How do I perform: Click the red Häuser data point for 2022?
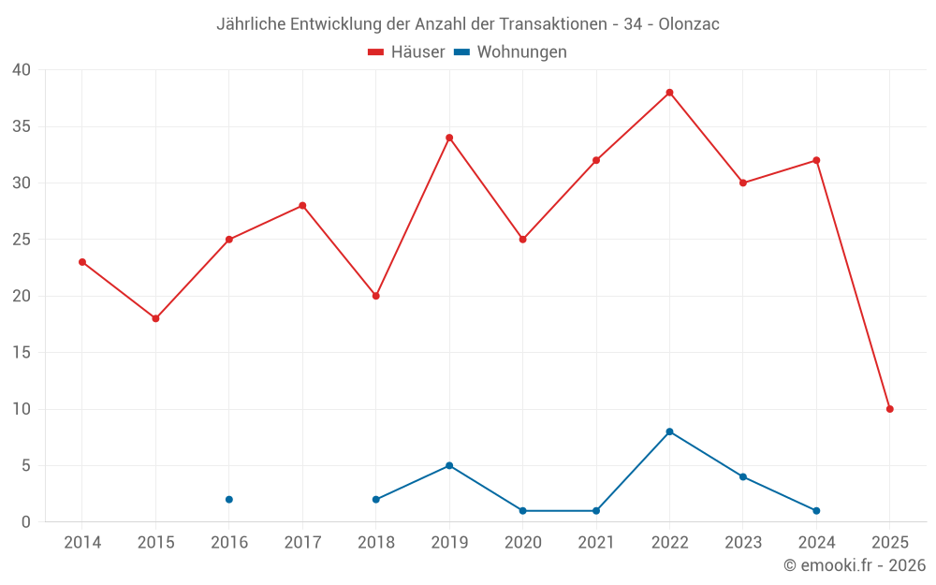click(x=669, y=93)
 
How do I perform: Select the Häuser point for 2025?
click(x=889, y=409)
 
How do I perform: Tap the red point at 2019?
click(x=449, y=138)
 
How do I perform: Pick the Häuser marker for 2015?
click(x=155, y=318)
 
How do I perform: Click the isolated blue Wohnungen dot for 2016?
click(x=229, y=499)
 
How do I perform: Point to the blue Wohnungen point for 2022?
click(x=669, y=431)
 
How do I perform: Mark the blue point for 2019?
click(x=449, y=465)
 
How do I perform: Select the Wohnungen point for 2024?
click(x=816, y=510)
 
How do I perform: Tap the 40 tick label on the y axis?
click(x=22, y=70)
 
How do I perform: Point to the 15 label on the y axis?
click(x=22, y=353)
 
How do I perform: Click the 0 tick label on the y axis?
click(x=26, y=522)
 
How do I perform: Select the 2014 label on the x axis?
click(x=82, y=543)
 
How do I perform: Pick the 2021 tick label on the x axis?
click(x=596, y=543)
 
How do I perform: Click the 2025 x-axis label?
click(x=889, y=543)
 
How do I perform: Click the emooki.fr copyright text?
click(x=855, y=565)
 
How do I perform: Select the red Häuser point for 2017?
click(x=302, y=205)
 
